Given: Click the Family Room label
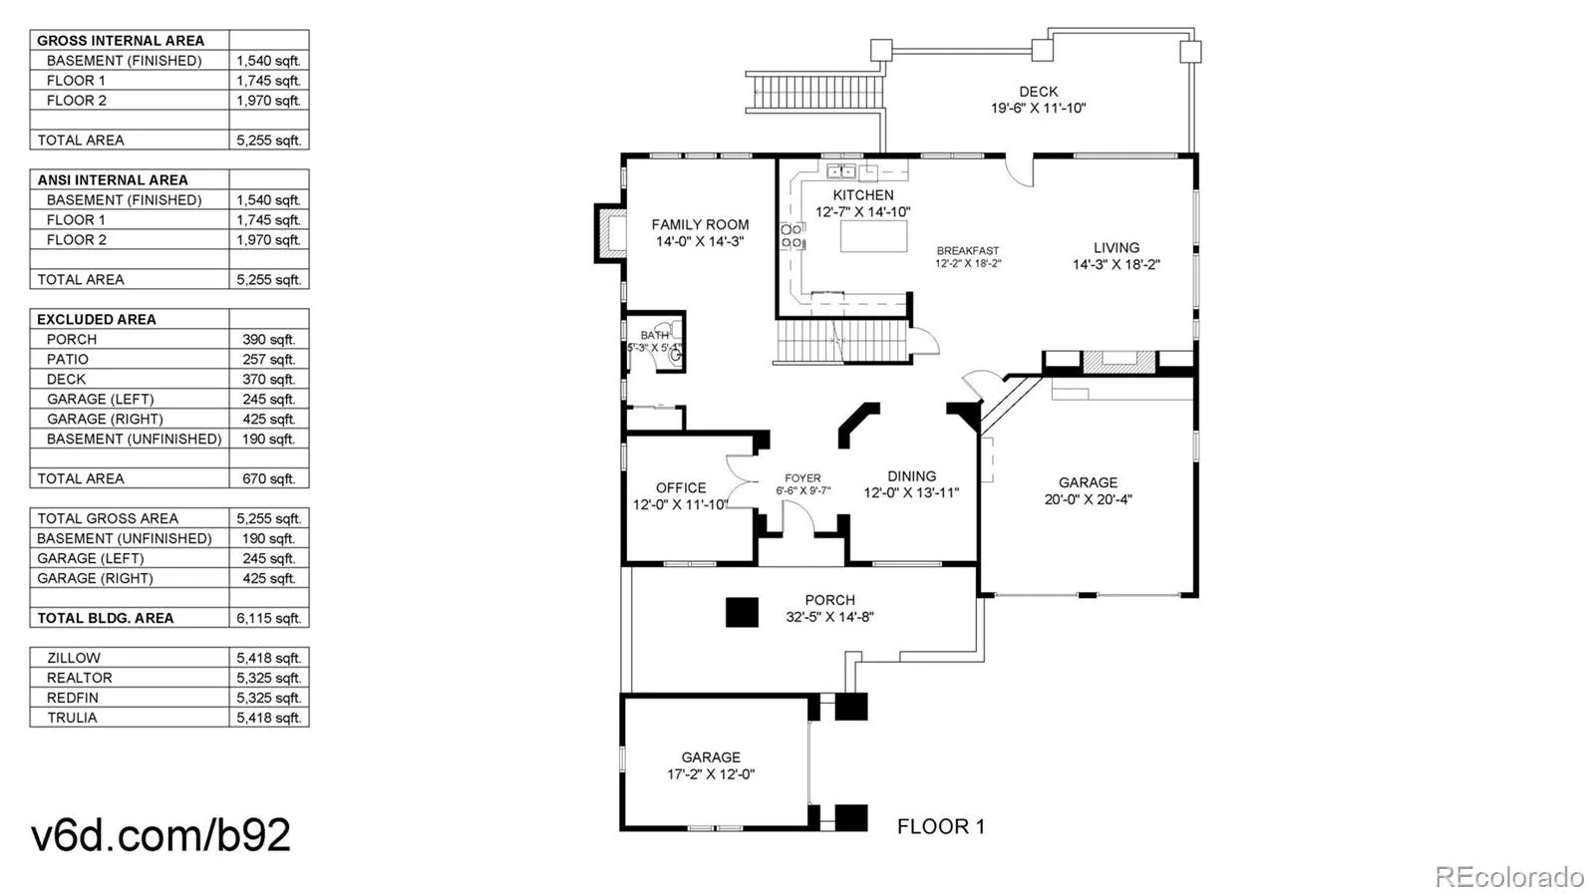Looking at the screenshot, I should tap(700, 225).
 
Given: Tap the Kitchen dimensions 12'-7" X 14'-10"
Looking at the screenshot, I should tap(862, 212).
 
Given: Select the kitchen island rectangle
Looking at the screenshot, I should tap(874, 237).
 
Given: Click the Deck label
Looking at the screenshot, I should tap(1038, 92).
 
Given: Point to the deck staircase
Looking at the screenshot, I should tap(815, 93).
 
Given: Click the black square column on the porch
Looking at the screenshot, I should tap(742, 612).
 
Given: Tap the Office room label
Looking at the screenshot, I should tap(681, 487).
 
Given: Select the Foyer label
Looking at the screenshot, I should tap(802, 478).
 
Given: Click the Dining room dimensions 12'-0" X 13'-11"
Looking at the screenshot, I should tap(911, 493).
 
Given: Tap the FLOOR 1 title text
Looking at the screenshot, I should tap(940, 826).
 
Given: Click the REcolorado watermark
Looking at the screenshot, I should tap(1508, 877).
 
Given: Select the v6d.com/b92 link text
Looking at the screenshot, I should tap(160, 835).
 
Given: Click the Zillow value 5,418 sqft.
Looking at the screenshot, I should tap(268, 658).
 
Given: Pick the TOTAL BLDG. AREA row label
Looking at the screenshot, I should tap(106, 618).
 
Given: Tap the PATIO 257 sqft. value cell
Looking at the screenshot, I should tap(268, 359).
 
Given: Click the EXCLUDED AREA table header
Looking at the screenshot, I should tap(97, 319).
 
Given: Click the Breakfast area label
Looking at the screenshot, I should tap(967, 251).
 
